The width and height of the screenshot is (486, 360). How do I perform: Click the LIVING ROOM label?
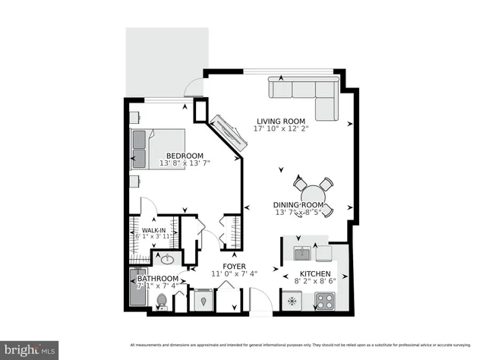click(280, 121)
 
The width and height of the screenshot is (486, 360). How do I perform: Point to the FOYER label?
click(233, 267)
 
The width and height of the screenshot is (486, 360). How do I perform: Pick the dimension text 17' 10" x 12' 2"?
click(280, 129)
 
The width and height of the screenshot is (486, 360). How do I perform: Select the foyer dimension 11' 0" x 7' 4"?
click(234, 274)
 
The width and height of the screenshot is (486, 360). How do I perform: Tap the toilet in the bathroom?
click(161, 302)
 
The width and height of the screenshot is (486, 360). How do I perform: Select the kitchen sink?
click(301, 252)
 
